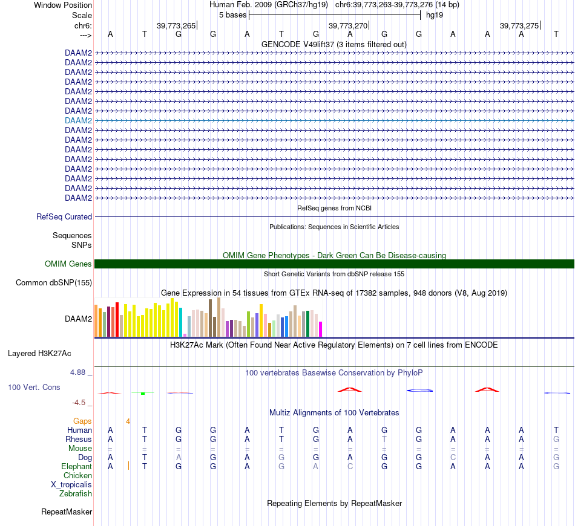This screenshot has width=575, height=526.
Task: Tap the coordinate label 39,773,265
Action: click(x=176, y=25)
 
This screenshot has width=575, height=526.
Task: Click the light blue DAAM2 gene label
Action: click(x=78, y=120)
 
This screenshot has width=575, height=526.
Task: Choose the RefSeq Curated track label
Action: click(x=64, y=216)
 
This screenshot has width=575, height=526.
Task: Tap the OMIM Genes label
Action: click(x=68, y=264)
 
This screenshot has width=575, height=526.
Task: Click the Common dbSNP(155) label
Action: click(x=54, y=282)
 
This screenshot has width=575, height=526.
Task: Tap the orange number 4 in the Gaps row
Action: click(x=128, y=421)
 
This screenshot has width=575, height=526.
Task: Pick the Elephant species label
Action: click(x=76, y=466)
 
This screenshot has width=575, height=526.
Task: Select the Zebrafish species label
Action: click(x=76, y=493)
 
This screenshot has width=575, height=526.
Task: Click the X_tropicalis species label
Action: click(x=71, y=484)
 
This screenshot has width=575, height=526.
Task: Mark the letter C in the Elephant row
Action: click(x=350, y=466)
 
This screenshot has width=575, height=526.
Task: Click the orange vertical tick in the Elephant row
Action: click(x=128, y=466)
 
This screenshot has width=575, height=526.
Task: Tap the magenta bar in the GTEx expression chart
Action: click(x=320, y=329)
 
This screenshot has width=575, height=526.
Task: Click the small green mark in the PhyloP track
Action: click(x=143, y=394)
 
